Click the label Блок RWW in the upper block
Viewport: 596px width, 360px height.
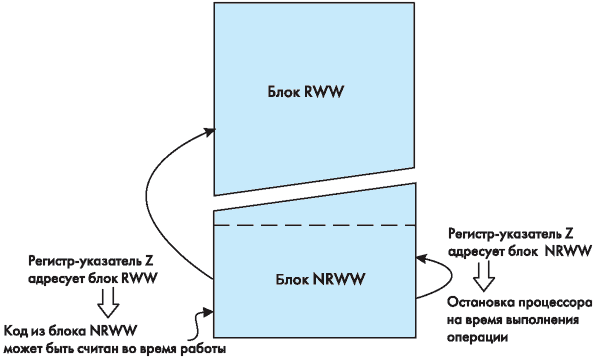pyautogui.click(x=306, y=92)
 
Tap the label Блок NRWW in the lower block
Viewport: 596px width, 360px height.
pyautogui.click(x=320, y=279)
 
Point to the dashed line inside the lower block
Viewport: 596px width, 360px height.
pyautogui.click(x=314, y=225)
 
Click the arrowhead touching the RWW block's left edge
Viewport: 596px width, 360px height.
pyautogui.click(x=209, y=132)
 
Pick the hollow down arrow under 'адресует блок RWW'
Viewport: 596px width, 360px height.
pyautogui.click(x=108, y=302)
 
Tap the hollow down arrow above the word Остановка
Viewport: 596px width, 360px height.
pyautogui.click(x=484, y=276)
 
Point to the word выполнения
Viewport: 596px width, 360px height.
pyautogui.click(x=544, y=320)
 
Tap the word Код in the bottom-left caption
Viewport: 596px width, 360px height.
pyautogui.click(x=16, y=331)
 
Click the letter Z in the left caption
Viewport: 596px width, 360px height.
pyautogui.click(x=149, y=262)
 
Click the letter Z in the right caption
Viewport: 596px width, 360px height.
pyautogui.click(x=569, y=233)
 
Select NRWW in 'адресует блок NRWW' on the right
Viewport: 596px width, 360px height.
pyautogui.click(x=569, y=251)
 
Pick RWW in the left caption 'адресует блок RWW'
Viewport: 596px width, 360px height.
pyautogui.click(x=139, y=278)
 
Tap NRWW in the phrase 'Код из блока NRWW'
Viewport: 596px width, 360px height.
pyautogui.click(x=113, y=331)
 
